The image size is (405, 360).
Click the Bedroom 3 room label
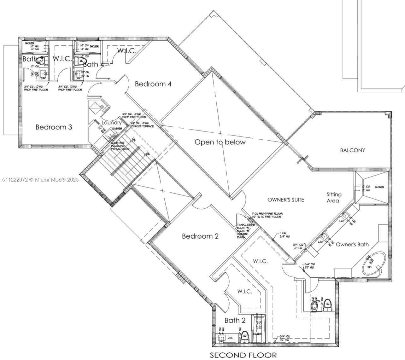click(x=54, y=127)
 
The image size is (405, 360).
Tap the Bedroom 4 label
click(x=153, y=84)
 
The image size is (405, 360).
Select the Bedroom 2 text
click(x=200, y=236)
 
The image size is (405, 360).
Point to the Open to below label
click(x=220, y=142)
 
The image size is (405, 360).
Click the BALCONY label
click(x=352, y=150)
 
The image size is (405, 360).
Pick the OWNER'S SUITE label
click(x=285, y=200)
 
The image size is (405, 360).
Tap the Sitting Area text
click(x=334, y=198)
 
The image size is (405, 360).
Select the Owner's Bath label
click(x=352, y=244)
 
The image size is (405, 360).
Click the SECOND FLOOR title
click(x=243, y=355)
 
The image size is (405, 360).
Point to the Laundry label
click(x=111, y=123)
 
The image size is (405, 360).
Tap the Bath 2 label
click(x=235, y=321)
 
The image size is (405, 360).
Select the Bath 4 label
click(x=93, y=65)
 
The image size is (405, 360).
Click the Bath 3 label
click(x=33, y=59)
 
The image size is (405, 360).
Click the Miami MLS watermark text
click(x=40, y=180)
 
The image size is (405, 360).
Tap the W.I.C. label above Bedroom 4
click(x=127, y=50)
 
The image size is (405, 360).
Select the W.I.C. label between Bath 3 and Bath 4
click(x=62, y=59)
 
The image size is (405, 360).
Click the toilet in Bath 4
click(x=82, y=60)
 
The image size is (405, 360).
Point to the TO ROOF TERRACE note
click(x=142, y=126)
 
